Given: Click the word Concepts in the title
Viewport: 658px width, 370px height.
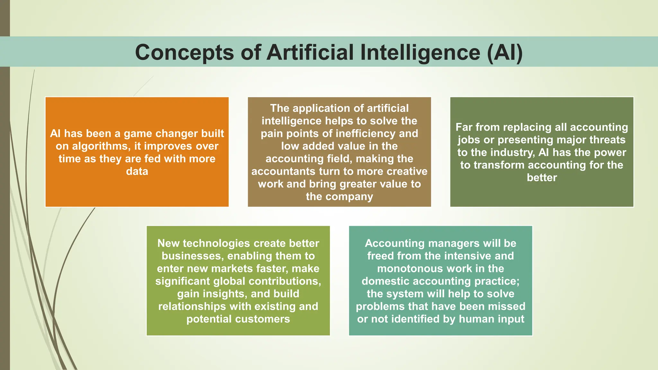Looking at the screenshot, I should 184,52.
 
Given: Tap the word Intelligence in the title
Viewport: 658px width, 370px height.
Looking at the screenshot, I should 420,52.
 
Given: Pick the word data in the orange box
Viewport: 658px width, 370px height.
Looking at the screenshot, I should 137,171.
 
